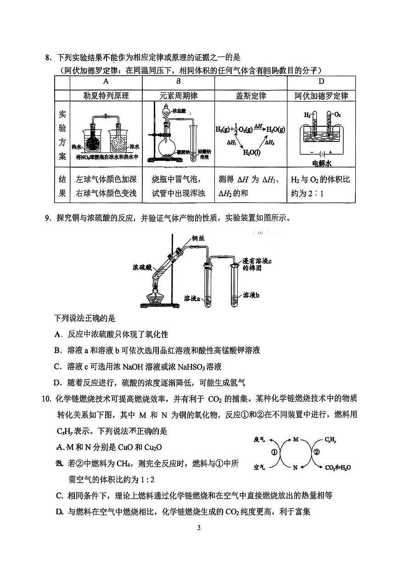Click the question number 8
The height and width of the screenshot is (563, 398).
pos(47,58)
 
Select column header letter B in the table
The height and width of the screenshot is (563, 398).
pos(178,81)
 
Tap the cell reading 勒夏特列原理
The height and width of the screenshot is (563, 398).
pos(106,96)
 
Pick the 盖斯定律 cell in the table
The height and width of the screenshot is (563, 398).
pos(251,96)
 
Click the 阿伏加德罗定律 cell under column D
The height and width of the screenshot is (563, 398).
pos(321,96)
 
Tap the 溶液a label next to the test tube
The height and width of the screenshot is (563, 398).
pos(193,299)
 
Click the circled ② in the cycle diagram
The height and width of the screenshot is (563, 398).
pos(316,452)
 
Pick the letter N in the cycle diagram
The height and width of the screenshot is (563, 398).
pos(296,468)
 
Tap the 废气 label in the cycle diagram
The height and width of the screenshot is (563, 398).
pos(259,439)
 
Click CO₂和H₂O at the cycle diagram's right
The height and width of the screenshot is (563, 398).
pos(338,468)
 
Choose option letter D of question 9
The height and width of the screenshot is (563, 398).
pos(57,382)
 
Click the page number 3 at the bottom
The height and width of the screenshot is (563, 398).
pos(199,528)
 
